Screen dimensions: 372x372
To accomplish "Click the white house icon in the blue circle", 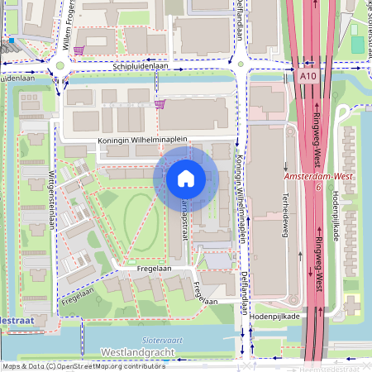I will click(186, 178).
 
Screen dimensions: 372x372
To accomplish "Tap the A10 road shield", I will click(308, 75).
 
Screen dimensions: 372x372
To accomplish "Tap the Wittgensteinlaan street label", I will click(51, 194).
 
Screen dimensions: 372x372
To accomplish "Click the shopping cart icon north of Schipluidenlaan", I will click(79, 50).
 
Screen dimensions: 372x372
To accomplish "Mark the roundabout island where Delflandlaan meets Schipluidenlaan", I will click(241, 63).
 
